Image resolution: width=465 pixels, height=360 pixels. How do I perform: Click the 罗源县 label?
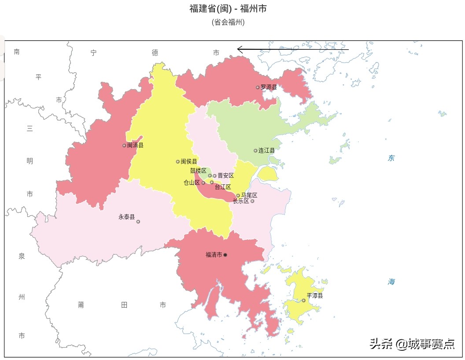click(269, 87)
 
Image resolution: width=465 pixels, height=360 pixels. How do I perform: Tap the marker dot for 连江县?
click(255, 151)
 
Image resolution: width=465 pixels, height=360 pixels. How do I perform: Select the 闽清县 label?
click(135, 145)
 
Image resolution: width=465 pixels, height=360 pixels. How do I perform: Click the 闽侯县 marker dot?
click(178, 162)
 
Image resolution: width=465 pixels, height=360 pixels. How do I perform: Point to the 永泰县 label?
click(126, 217)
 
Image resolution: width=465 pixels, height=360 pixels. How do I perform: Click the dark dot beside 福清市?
click(225, 255)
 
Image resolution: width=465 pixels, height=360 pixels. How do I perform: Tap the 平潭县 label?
click(315, 296)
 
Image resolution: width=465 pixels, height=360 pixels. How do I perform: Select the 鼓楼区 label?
click(198, 170)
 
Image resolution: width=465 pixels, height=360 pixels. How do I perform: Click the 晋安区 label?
click(225, 175)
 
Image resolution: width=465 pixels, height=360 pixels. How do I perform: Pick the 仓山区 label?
click(192, 182)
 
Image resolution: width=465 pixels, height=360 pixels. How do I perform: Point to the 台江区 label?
click(223, 187)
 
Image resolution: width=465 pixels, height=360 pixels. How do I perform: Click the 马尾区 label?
click(249, 195)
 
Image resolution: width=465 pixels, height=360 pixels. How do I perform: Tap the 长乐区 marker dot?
click(252, 201)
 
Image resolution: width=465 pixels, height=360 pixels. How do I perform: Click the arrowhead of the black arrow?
click(239, 49)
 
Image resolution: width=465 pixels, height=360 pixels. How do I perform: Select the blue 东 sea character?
click(391, 158)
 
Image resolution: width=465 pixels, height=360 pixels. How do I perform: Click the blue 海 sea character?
click(391, 282)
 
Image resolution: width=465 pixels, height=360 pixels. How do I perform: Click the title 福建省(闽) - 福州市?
click(228, 8)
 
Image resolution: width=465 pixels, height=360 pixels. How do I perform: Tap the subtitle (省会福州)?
click(228, 22)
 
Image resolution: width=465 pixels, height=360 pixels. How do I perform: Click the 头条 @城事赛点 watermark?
click(412, 344)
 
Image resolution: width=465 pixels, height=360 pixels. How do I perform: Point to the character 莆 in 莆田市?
click(81, 305)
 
